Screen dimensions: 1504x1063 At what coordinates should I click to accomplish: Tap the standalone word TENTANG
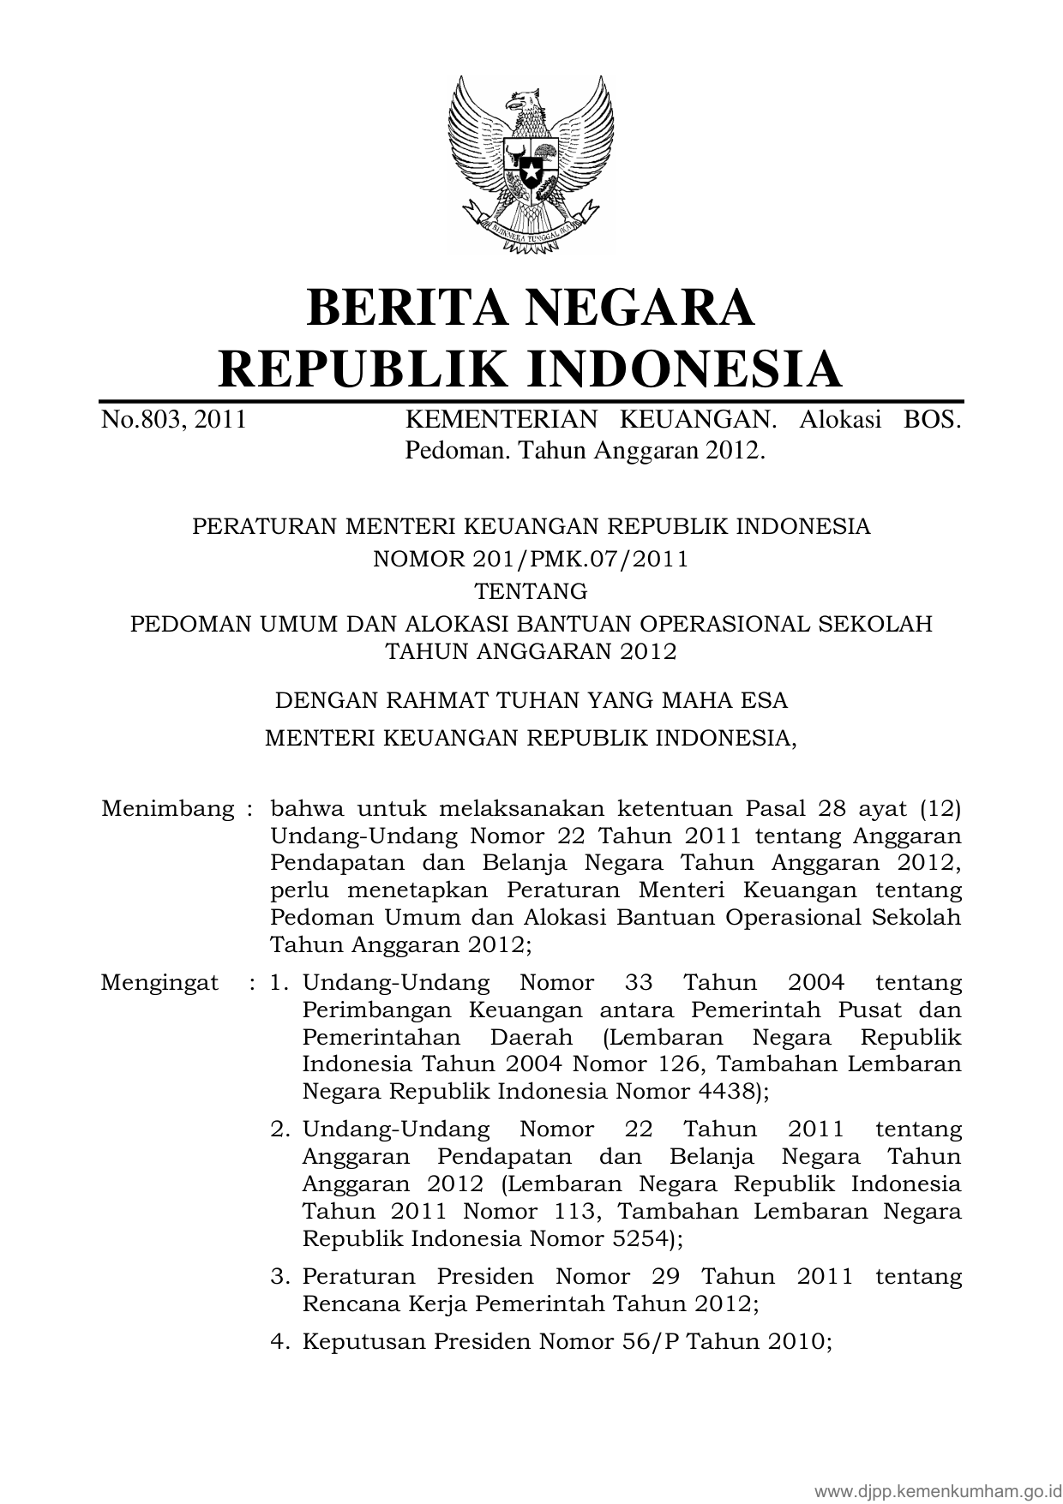pos(531,591)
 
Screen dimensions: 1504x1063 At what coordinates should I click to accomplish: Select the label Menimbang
pos(168,808)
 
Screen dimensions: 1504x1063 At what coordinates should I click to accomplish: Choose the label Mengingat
pos(159,982)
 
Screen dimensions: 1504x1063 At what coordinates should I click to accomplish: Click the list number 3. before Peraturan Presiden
pos(279,1277)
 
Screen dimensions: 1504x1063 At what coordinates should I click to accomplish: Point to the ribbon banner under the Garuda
pos(531,227)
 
